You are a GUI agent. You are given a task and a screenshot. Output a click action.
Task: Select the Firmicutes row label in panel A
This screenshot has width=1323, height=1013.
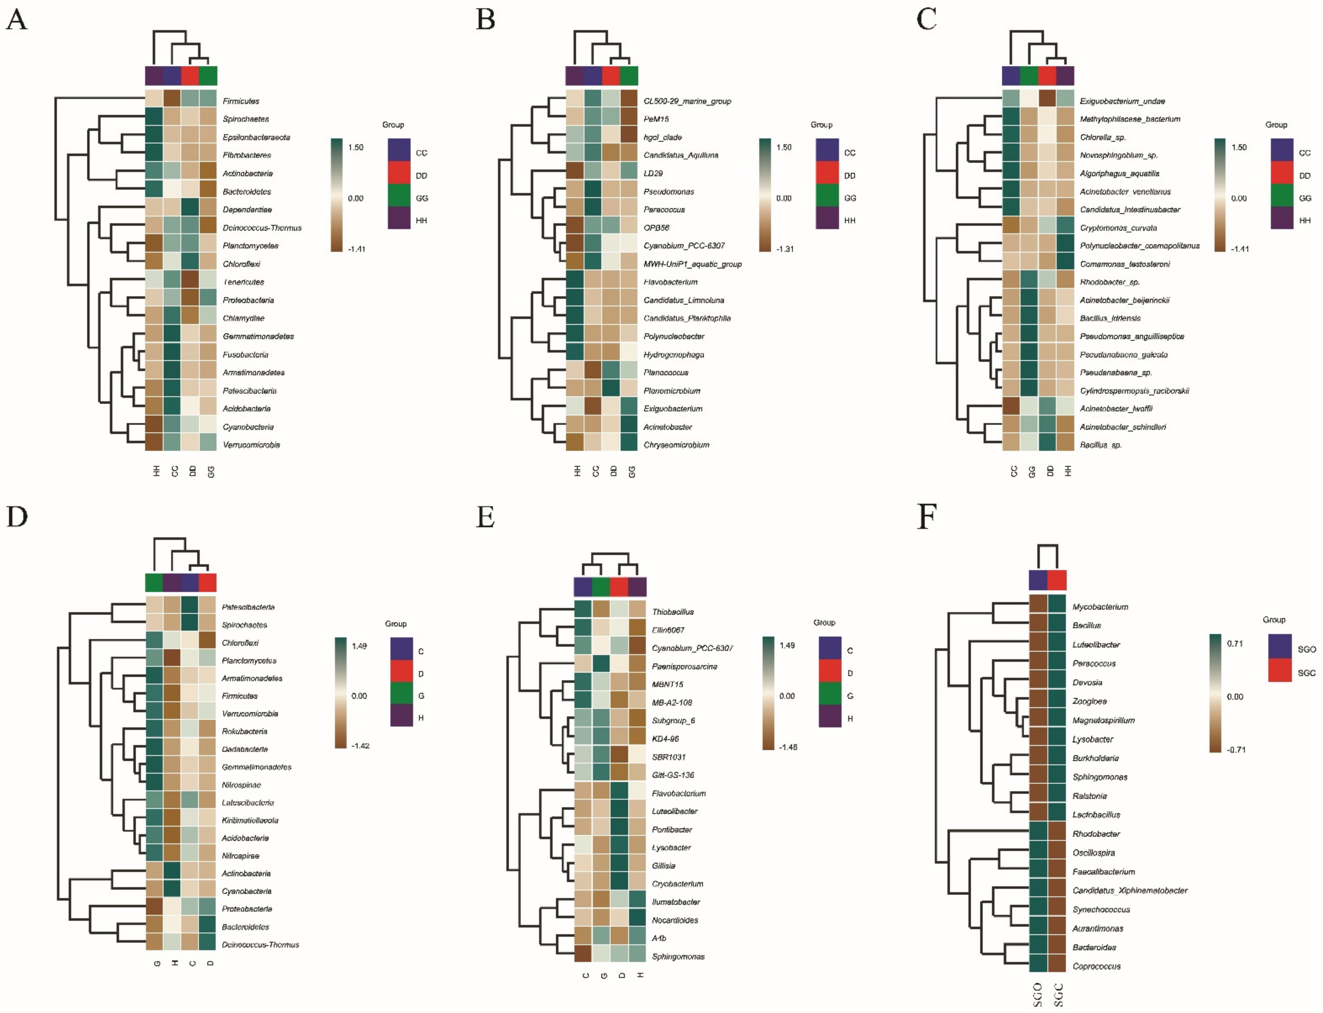point(241,101)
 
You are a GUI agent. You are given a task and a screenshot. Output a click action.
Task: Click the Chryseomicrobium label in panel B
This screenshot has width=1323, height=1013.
point(676,445)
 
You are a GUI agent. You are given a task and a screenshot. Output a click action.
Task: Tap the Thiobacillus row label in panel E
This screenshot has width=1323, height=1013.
point(672,612)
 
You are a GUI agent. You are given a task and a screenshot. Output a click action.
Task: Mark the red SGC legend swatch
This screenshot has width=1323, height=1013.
point(1280,671)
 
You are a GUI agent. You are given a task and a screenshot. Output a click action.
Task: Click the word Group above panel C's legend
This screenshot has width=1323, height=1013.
point(1276,125)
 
